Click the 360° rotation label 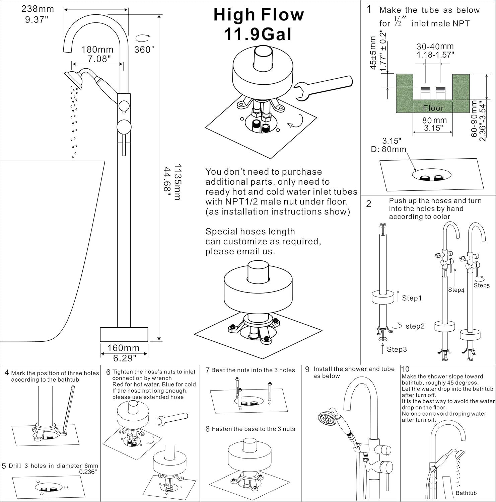click(x=144, y=50)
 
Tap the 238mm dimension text click(x=37, y=9)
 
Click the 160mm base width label click(x=123, y=348)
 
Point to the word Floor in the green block click(x=433, y=108)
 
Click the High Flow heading click(x=259, y=15)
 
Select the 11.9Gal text click(x=258, y=34)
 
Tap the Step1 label click(x=412, y=298)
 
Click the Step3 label click(x=397, y=349)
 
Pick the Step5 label click(x=482, y=285)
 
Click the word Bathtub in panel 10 click(x=466, y=493)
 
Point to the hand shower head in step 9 click(x=326, y=418)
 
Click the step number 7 click(x=208, y=370)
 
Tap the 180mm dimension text click(x=97, y=50)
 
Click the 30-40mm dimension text click(x=435, y=47)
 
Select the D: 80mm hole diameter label click(x=388, y=149)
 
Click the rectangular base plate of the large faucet click(x=124, y=334)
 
